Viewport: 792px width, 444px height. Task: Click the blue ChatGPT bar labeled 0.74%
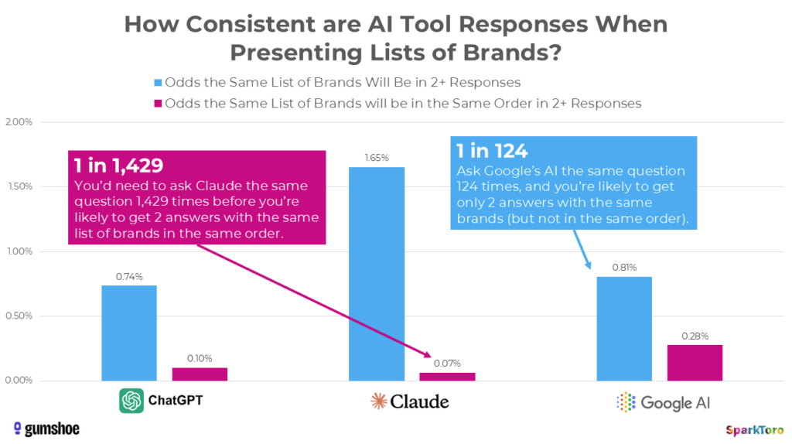click(x=128, y=333)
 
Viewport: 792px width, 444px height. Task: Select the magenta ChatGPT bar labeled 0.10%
click(x=200, y=374)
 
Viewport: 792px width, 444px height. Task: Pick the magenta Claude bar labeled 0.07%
click(x=448, y=376)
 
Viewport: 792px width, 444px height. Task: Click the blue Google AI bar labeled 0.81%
click(x=624, y=328)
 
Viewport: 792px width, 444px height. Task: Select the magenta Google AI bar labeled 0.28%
click(x=695, y=362)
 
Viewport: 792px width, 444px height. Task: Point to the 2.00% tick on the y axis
click(x=21, y=122)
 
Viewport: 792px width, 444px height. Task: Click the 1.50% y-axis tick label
click(x=21, y=186)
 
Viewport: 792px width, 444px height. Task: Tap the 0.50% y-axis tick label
click(x=21, y=316)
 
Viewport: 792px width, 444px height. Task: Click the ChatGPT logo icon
click(x=131, y=401)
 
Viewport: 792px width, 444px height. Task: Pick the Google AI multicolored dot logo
click(x=625, y=402)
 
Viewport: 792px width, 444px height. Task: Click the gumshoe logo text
click(x=46, y=428)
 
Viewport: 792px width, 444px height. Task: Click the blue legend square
click(x=159, y=82)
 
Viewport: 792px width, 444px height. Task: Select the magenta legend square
click(x=159, y=103)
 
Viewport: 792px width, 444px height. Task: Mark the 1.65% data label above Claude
click(x=377, y=158)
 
